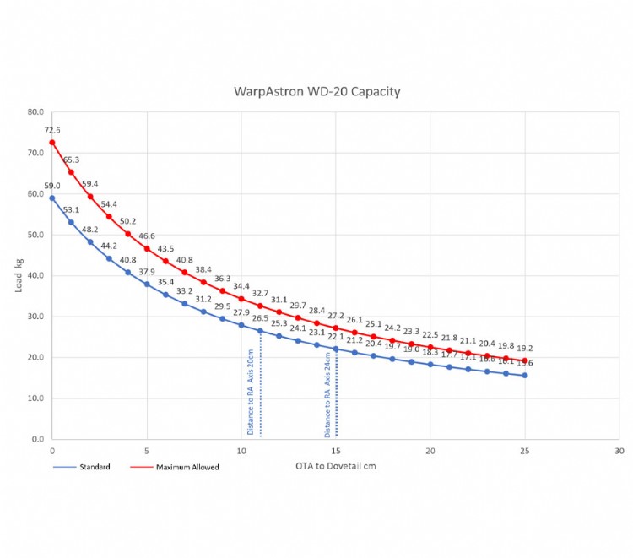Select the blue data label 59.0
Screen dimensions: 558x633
52,186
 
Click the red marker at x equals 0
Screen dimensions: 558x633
52,142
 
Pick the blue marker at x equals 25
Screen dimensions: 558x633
525,375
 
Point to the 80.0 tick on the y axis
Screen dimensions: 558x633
35,111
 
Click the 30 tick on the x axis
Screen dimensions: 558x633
619,452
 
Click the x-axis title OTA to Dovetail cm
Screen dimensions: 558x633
334,465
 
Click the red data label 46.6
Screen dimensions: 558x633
147,236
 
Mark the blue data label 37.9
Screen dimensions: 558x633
147,272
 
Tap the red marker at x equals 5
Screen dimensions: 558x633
147,248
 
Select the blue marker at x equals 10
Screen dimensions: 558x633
241,325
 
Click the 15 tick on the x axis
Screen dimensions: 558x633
336,452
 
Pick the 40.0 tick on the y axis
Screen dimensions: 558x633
35,275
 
